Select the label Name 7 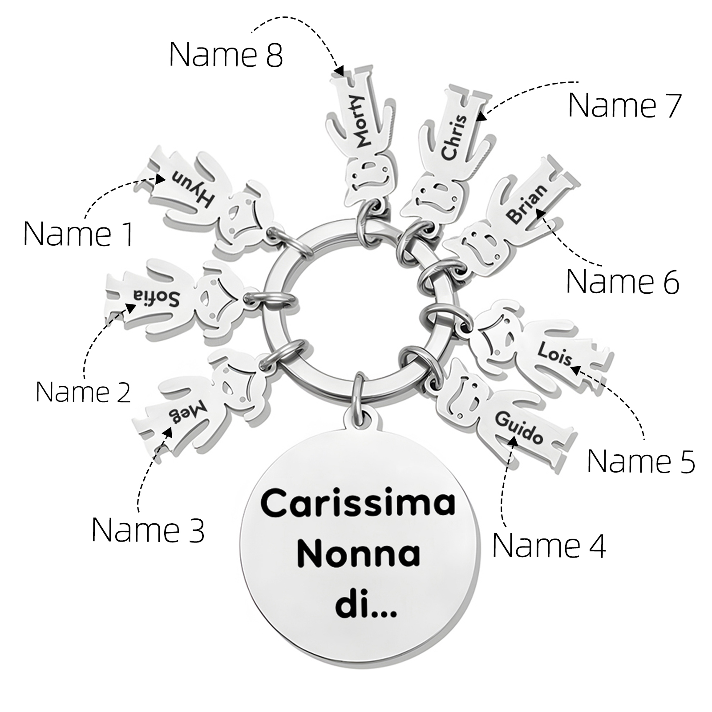click(625, 105)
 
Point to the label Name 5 click(641, 461)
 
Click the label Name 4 click(549, 546)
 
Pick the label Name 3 click(148, 530)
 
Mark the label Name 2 click(83, 392)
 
